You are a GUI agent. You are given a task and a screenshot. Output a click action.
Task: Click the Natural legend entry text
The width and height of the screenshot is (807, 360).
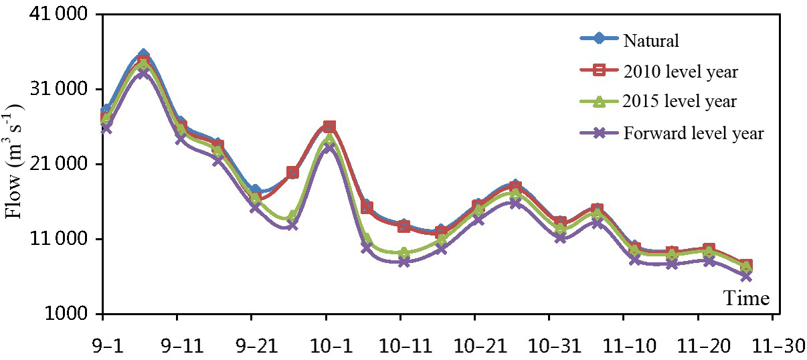[651, 41]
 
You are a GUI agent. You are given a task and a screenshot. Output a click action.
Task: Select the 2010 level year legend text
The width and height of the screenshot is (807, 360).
[681, 72]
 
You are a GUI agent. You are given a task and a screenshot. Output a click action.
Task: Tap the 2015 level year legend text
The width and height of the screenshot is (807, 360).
[680, 102]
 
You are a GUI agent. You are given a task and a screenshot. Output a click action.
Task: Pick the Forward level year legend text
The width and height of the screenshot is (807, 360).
[693, 133]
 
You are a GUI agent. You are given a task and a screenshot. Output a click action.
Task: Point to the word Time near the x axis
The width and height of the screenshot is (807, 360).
[747, 298]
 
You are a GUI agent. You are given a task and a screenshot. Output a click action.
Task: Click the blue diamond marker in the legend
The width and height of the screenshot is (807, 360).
[600, 39]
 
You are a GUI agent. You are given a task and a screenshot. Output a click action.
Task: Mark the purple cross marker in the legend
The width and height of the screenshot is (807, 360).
[600, 132]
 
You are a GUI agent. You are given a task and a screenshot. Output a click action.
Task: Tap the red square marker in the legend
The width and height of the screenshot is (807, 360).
[600, 70]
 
